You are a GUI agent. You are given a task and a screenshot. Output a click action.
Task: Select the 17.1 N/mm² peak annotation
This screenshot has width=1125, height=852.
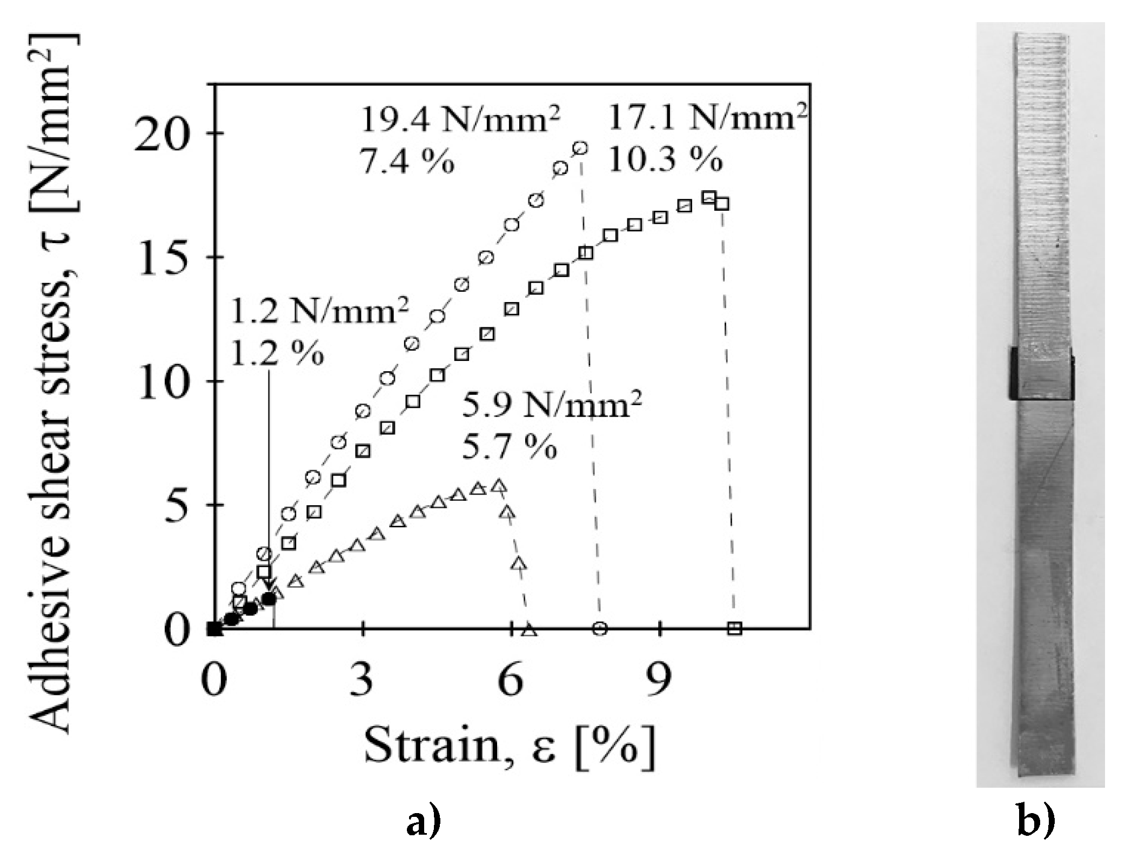[x=708, y=118]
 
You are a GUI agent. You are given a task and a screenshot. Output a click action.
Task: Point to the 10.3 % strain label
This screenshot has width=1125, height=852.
[x=665, y=159]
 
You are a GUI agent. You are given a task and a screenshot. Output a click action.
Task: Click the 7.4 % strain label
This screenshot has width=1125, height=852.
[x=406, y=162]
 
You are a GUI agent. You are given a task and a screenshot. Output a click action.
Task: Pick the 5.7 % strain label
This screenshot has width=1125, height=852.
[x=509, y=448]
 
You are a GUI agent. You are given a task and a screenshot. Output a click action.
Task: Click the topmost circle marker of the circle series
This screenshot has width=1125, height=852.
[x=580, y=148]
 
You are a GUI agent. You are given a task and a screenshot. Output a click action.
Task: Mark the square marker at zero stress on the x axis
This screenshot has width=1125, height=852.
[x=735, y=628]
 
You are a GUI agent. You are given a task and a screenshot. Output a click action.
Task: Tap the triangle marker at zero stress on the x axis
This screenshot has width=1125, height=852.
[x=529, y=629]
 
